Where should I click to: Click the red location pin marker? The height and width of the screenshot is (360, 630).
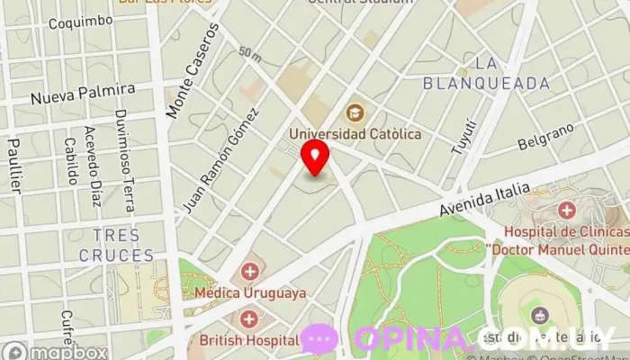coord(315,158)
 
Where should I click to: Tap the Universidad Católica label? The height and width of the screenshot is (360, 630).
coord(355,134)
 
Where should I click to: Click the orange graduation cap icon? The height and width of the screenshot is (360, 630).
coord(355,112)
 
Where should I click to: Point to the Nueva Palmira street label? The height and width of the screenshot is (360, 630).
coord(82,93)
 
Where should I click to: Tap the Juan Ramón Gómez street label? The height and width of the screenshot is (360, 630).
coord(220,159)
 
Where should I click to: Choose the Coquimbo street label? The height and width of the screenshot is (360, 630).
coord(81,21)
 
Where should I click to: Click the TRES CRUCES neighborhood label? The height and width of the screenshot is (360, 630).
coord(116,245)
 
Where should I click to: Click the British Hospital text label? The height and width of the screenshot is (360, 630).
coord(249,339)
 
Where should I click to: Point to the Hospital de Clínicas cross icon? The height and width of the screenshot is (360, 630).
coord(566,211)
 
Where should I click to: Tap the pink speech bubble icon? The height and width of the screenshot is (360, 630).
coord(319,339)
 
